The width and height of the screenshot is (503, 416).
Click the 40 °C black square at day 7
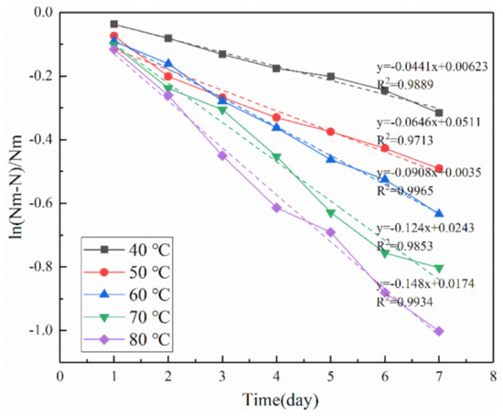point(439,112)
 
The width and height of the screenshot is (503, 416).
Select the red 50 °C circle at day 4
point(276,118)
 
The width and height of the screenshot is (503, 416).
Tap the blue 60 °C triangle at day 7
point(439,213)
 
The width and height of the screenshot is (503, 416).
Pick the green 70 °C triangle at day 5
point(331,213)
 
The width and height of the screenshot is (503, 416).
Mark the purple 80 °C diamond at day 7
point(439,331)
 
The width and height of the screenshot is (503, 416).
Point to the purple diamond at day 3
point(222,155)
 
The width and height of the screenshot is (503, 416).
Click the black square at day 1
point(114,24)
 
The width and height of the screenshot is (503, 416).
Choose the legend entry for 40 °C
point(127,250)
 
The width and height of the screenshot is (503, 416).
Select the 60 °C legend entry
point(127,294)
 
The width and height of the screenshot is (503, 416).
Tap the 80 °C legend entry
point(127,339)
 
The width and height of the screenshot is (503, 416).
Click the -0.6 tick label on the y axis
point(40,204)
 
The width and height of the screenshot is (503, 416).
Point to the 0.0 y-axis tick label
point(43,13)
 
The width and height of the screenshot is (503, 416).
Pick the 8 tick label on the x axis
point(493,376)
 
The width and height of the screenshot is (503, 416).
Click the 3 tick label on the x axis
point(222,376)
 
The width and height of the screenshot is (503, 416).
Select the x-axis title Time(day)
point(281,400)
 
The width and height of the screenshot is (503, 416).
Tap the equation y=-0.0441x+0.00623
point(432,67)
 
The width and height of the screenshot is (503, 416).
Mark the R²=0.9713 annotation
point(405,140)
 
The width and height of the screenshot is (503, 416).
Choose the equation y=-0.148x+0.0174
point(425,283)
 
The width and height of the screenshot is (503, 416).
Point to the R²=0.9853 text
point(405,246)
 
